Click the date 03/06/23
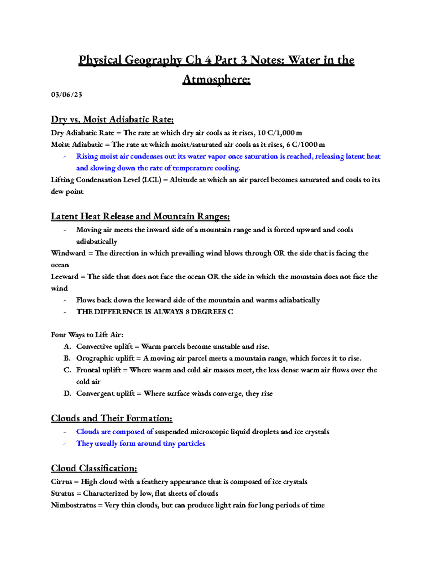pos(66,95)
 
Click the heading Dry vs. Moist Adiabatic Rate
pos(112,119)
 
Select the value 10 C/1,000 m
pos(280,133)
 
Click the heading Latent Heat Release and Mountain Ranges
pos(140,216)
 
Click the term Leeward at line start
pos(65,277)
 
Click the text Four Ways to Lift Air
pos(87,335)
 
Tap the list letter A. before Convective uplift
pos(67,347)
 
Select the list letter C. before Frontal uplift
pos(67,370)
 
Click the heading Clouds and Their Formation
pos(111,418)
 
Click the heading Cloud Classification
pos(94,468)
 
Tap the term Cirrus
pos(61,482)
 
